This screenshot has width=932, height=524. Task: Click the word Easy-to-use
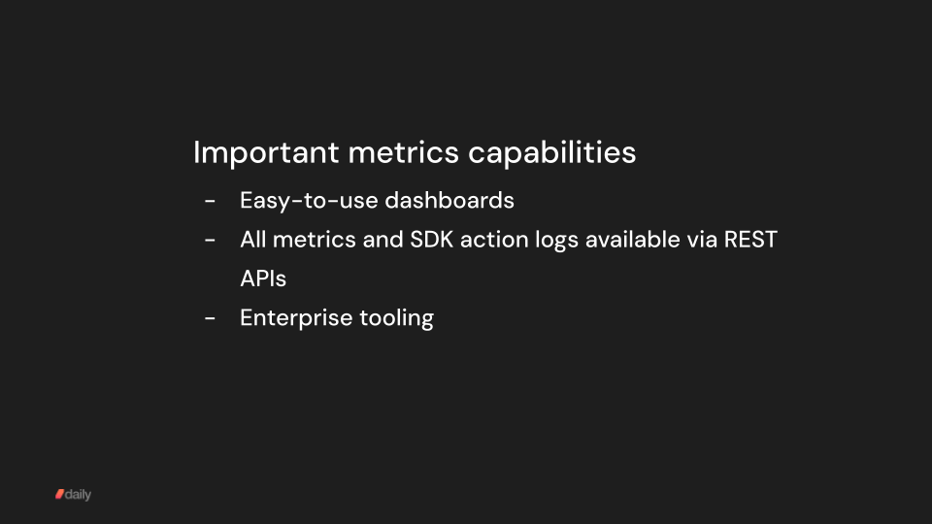(309, 201)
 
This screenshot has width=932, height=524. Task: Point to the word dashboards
(449, 201)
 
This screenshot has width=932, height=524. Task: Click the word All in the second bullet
(253, 239)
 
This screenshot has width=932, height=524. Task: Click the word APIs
(263, 278)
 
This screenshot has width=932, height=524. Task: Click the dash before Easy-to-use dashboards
(210, 202)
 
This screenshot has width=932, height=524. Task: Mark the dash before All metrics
(210, 240)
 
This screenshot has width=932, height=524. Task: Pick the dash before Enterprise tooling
(210, 318)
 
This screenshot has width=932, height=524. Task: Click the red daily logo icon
(59, 494)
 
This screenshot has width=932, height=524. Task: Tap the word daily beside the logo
(79, 494)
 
